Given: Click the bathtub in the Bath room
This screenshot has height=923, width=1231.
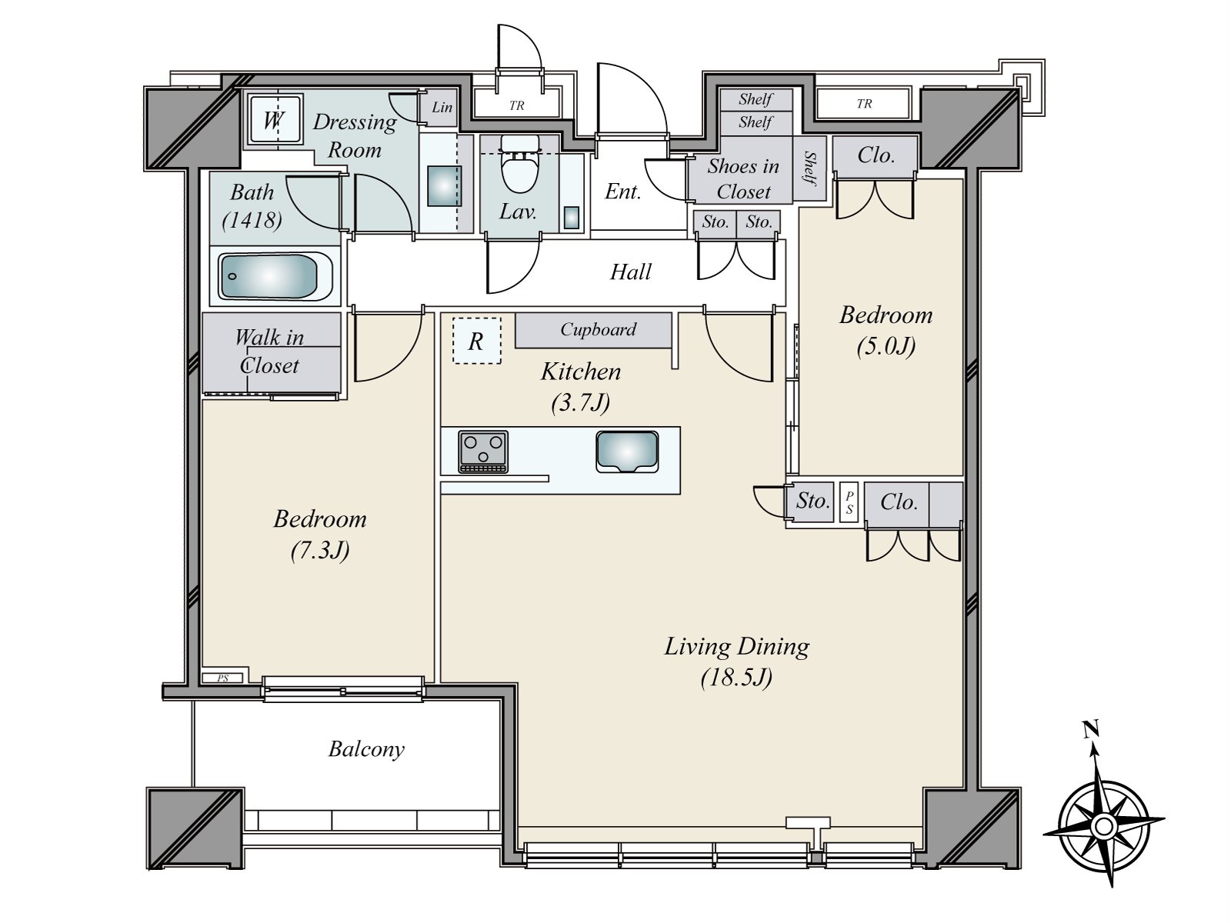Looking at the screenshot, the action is click(275, 276).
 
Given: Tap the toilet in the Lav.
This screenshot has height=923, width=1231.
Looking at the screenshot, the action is click(519, 166).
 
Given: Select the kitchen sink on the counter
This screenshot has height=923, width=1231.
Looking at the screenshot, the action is click(627, 452).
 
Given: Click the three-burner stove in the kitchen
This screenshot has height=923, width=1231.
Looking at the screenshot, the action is click(483, 452).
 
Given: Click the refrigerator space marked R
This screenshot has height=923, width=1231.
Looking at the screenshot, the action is click(477, 341).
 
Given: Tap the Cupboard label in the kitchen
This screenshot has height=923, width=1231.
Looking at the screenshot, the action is click(598, 329).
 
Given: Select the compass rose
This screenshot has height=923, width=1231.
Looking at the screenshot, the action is click(1103, 826).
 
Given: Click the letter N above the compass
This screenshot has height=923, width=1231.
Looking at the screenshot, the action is click(1090, 729).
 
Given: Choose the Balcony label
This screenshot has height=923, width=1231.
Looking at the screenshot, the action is click(366, 749).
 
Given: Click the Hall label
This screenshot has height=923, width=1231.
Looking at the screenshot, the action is click(630, 272).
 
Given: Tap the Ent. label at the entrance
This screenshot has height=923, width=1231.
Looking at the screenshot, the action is click(622, 192).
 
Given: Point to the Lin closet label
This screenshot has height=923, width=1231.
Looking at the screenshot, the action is click(442, 107).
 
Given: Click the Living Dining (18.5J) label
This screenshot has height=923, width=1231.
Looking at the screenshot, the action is click(736, 661).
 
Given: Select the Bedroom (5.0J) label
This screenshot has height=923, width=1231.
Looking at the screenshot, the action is click(886, 331).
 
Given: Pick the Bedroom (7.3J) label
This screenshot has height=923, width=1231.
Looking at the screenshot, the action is click(319, 535).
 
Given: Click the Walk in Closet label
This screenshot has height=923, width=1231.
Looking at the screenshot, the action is click(269, 352).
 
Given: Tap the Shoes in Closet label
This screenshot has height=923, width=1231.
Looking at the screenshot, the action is click(743, 178).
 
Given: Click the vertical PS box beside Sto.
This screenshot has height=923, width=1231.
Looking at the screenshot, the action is click(849, 502).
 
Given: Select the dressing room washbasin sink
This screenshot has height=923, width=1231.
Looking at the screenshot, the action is click(444, 186).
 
